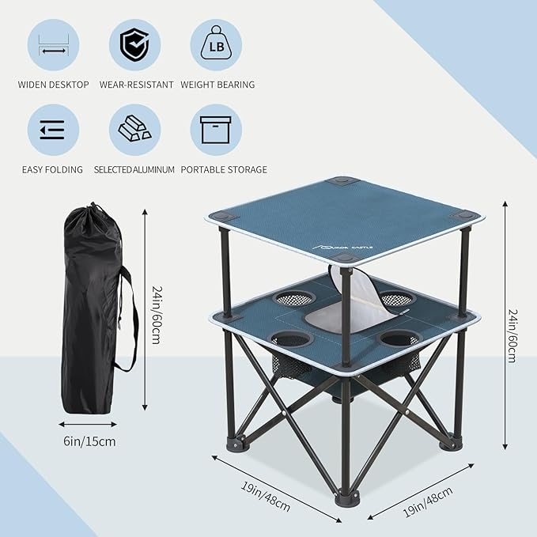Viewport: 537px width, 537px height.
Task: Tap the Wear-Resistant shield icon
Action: [134, 44]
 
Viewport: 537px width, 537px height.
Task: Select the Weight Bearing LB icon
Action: [215, 44]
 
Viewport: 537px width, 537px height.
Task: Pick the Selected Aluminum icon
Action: [134, 130]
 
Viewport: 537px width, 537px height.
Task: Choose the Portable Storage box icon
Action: [215, 130]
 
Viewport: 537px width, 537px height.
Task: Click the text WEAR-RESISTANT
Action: [136, 84]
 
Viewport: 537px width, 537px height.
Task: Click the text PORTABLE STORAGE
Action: [224, 169]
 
